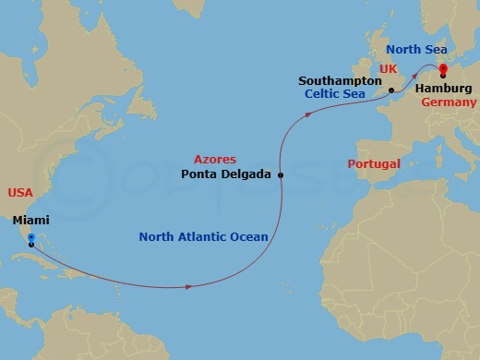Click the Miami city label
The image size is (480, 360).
[x=31, y=221]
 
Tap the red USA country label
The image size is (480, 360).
[x=20, y=193]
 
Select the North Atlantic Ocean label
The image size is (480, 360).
[x=203, y=237]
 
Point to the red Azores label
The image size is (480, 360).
[x=214, y=160]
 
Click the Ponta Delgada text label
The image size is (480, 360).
[x=225, y=174]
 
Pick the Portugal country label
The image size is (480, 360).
[x=373, y=164]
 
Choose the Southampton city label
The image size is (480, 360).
[x=340, y=81]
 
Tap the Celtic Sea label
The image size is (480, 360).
[x=336, y=94]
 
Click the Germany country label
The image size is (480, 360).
[x=449, y=102]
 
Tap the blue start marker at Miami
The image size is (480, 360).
[x=30, y=237]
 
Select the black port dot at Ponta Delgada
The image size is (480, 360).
[x=281, y=174]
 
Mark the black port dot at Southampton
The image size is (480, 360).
[x=391, y=90]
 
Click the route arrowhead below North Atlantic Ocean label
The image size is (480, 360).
[x=189, y=287]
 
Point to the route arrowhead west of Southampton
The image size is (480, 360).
[x=309, y=114]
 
